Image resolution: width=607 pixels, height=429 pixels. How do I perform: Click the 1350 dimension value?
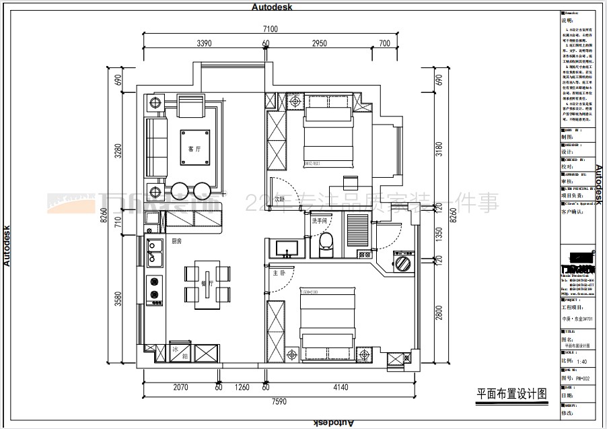439,233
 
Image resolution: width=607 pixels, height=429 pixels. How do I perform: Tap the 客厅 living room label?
194,149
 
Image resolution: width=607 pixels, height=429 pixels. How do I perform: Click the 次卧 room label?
280,200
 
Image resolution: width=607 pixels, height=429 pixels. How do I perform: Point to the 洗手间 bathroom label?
318,221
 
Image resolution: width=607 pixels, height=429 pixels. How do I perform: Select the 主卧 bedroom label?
279,273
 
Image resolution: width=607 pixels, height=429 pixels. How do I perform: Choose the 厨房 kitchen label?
177,241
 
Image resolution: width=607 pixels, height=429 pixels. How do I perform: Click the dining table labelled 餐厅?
207,285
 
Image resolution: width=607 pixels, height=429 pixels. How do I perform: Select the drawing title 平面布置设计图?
511,393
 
